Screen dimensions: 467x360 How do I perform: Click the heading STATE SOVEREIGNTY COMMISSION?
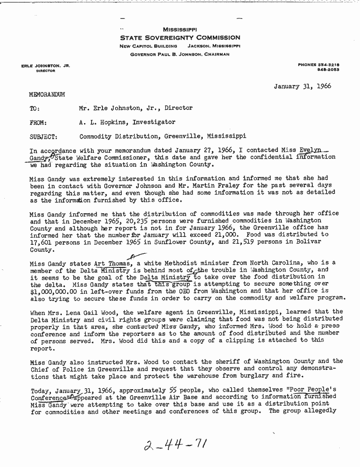click(180, 38)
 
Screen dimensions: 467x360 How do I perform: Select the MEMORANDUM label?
click(47, 94)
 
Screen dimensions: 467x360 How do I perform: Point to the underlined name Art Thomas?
click(113, 263)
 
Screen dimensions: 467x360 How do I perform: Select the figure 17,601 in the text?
click(42, 242)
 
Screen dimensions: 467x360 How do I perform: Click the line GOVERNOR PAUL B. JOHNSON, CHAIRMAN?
click(180, 54)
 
